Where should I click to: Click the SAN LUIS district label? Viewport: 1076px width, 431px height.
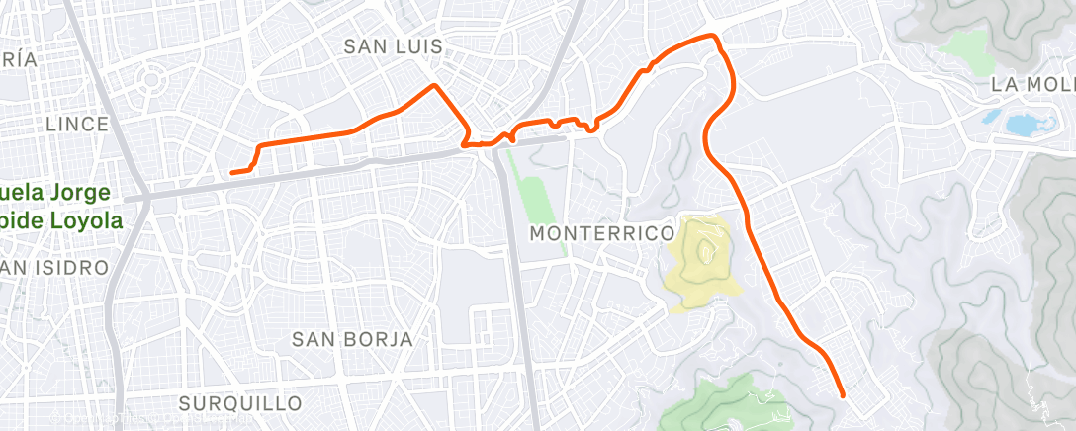(393, 47)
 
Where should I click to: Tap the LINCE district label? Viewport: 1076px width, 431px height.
(76, 124)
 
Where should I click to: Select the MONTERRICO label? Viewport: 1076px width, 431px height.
(601, 234)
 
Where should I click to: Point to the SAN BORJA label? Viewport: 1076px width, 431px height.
(352, 339)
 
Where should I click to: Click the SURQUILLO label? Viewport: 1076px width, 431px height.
(240, 403)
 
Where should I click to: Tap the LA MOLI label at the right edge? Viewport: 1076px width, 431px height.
(1031, 85)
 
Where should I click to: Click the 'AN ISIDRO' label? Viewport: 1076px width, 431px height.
(54, 268)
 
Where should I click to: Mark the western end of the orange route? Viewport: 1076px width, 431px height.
(232, 173)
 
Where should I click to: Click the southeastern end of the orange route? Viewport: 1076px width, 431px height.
(842, 395)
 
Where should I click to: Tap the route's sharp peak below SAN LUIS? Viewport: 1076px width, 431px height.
(433, 86)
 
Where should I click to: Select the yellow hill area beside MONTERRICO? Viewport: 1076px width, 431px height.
(704, 262)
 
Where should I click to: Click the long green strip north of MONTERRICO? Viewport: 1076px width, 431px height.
(534, 188)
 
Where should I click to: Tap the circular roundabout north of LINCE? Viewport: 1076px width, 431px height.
(154, 78)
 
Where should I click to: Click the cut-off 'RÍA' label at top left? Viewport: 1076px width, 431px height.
(20, 60)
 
